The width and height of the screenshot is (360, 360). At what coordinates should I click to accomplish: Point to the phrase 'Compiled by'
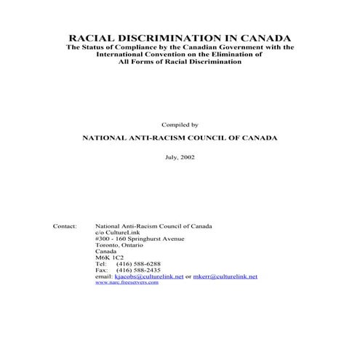point(180,125)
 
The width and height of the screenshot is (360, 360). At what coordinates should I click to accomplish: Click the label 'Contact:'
point(65,226)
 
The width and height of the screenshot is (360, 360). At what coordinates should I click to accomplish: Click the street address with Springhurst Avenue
point(140,239)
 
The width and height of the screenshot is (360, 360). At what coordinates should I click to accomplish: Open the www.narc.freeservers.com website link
point(127,282)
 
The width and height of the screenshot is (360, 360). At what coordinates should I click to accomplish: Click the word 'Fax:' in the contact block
point(101,270)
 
